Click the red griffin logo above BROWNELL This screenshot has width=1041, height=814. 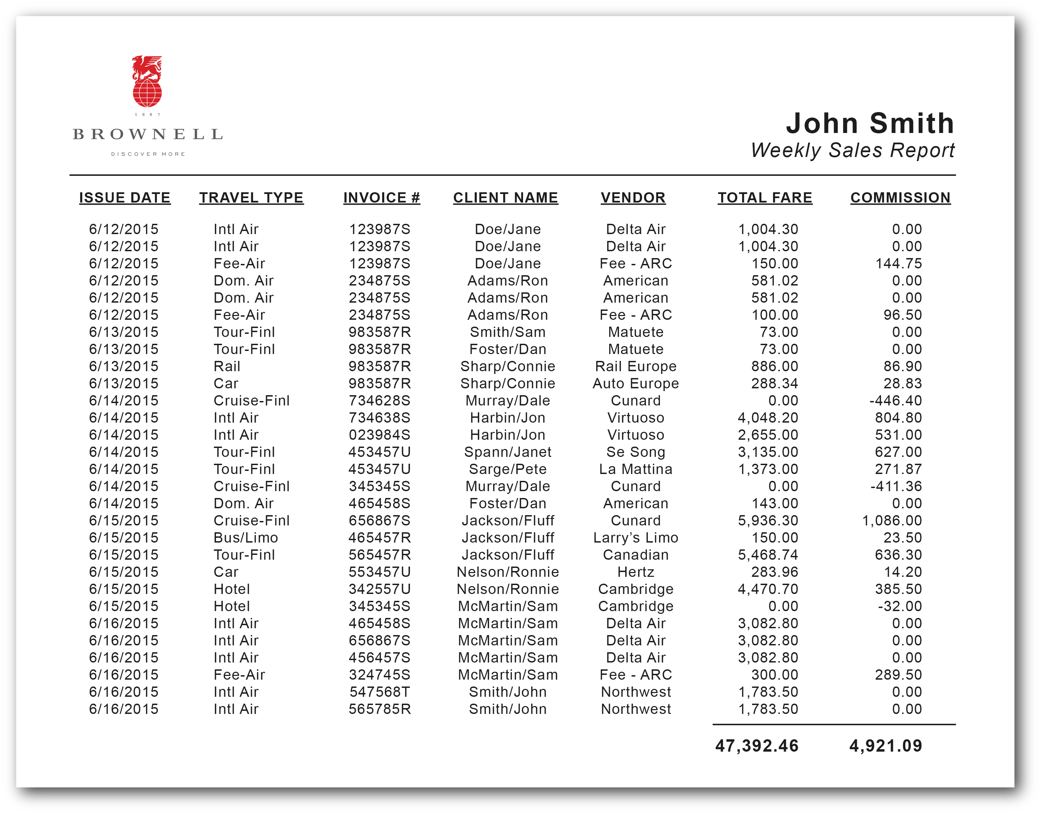147,82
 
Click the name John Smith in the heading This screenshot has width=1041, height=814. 870,123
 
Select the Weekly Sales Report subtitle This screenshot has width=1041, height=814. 852,150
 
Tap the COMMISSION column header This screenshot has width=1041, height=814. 900,198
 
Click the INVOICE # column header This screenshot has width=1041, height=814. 381,198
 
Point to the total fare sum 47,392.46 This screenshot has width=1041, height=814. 756,746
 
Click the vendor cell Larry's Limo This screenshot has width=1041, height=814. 636,538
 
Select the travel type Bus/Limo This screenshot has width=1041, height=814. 245,538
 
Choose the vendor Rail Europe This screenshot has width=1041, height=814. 636,366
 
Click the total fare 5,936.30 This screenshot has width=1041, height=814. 767,520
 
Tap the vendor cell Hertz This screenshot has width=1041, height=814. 636,572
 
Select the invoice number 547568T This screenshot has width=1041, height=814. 379,692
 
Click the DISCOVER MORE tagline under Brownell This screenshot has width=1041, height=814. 148,154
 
